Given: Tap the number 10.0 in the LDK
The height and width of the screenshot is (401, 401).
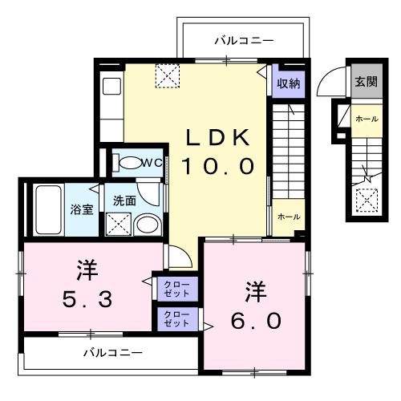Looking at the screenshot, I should coord(217,166).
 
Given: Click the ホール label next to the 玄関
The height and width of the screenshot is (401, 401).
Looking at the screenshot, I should coord(366,119).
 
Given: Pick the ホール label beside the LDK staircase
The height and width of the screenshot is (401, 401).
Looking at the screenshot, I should coord(288,217).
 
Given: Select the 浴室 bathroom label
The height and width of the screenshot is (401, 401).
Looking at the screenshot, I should coord(82,210).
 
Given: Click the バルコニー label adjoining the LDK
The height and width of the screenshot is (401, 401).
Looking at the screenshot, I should coord(245,39).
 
